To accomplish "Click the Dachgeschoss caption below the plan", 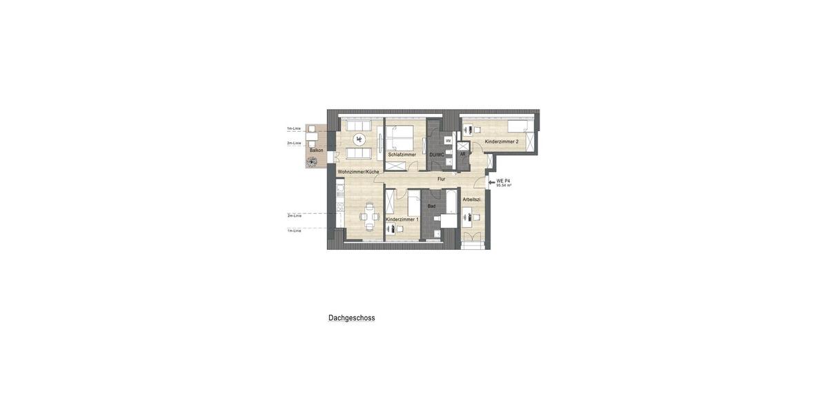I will tap(351, 318).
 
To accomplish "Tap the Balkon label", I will tap(316, 150).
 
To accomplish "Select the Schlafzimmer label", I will tap(402, 155).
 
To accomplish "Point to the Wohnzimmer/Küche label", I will tap(358, 171).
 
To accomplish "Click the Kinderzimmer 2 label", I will tap(502, 141).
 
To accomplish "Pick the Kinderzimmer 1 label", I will tap(402, 219).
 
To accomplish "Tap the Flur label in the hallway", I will tap(441, 179).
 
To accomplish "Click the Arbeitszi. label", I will tap(472, 199).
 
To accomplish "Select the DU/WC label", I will tap(437, 155).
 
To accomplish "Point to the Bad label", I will tap(431, 206).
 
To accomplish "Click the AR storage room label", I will tap(462, 154).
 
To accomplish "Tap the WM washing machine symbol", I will tap(448, 141).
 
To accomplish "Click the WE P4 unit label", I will tap(503, 181).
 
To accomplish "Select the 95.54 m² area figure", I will tap(504, 186).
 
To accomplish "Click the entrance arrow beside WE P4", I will tap(491, 183).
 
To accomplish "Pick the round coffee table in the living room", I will tap(359, 139).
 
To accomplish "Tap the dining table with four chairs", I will tap(370, 216).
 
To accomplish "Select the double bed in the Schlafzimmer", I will tap(400, 138).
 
